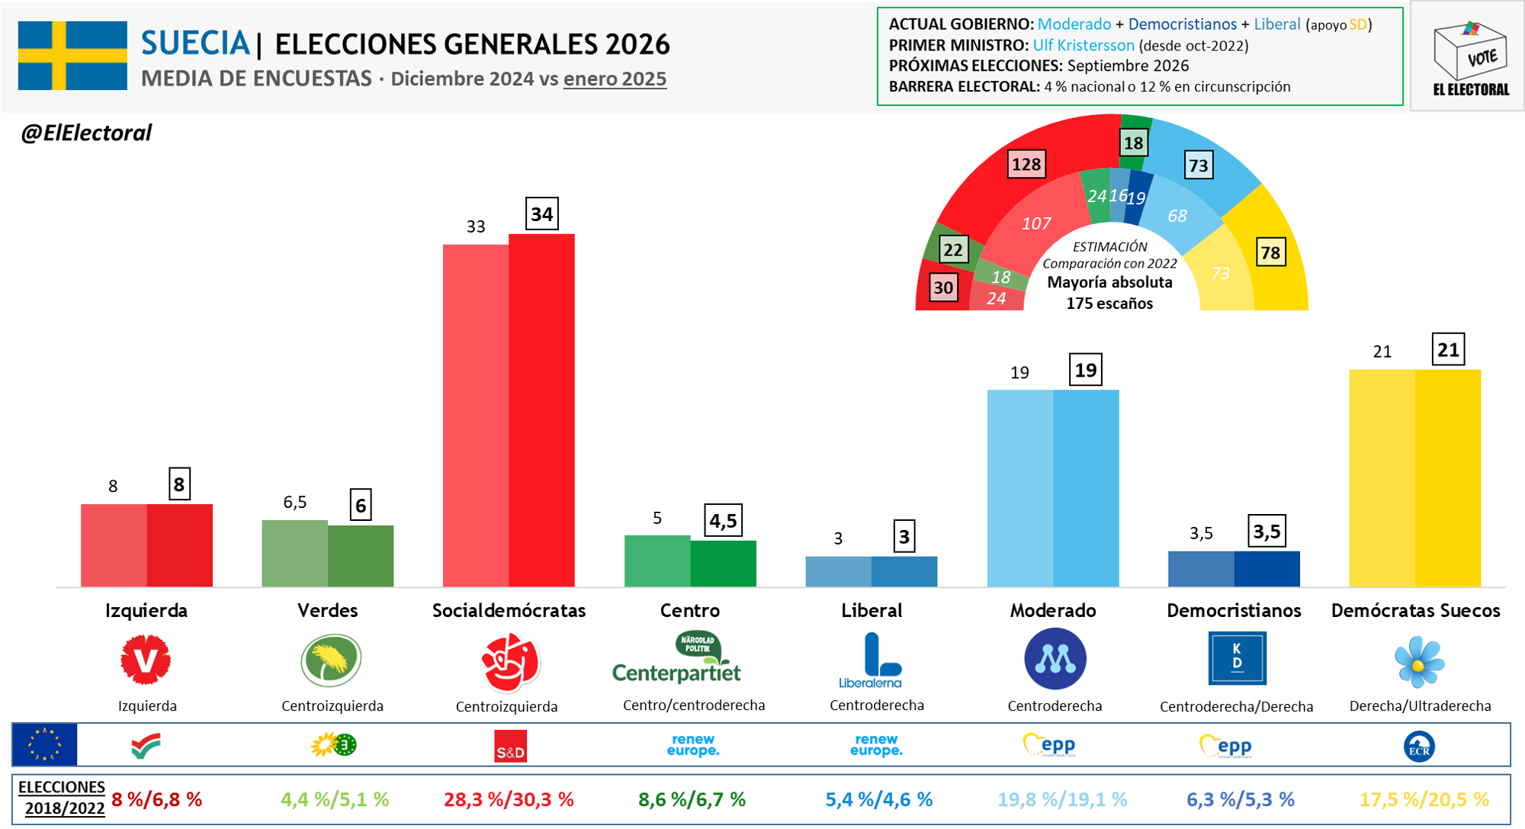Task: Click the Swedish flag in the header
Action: point(72,56)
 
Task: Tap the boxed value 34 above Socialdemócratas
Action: point(541,214)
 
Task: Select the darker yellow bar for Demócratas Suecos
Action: point(1447,478)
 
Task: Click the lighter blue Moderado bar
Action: point(1019,488)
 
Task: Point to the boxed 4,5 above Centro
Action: point(723,521)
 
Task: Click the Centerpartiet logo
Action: point(677,659)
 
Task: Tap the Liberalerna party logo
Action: point(872,660)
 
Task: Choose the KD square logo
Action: point(1237,658)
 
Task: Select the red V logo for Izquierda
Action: point(146,660)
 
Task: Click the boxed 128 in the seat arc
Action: point(1026,165)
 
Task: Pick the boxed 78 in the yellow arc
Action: point(1270,253)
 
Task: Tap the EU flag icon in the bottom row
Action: point(45,744)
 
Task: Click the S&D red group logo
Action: point(510,747)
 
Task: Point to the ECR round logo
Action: point(1418,747)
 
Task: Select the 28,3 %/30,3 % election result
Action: point(509,800)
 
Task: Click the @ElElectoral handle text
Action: point(86,133)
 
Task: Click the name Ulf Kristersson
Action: point(1083,46)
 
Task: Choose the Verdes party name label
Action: point(327,611)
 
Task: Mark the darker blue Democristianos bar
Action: point(1267,569)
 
